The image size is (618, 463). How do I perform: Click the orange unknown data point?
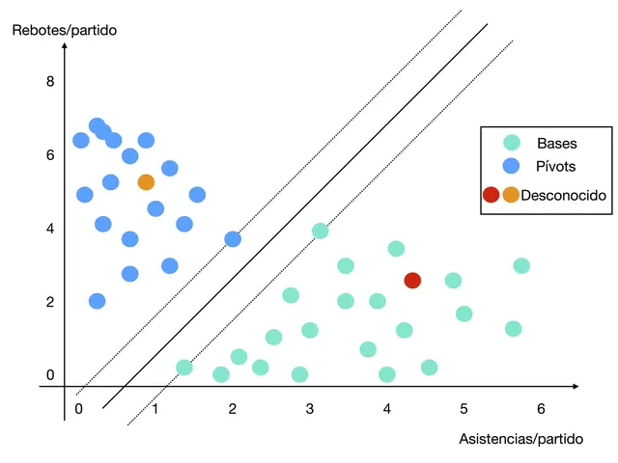(x=146, y=181)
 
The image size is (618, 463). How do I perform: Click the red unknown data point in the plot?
(x=412, y=280)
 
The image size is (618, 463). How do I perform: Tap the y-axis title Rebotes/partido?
(x=65, y=30)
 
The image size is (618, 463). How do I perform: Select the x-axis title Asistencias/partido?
(x=521, y=439)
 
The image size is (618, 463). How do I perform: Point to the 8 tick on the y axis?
(x=50, y=81)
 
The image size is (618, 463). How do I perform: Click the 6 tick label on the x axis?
(x=542, y=408)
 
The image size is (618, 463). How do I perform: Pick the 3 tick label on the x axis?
(x=309, y=408)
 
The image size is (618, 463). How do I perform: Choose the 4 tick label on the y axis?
(x=50, y=229)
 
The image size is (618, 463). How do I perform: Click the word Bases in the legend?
(x=557, y=144)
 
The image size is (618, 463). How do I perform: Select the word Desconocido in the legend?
(x=563, y=195)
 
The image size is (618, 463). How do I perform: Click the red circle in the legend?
(x=492, y=195)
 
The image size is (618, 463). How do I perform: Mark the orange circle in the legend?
(x=510, y=195)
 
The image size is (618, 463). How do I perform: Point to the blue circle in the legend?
(x=512, y=166)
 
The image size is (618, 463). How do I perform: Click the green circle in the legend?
(x=512, y=144)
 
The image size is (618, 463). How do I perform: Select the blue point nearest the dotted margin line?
(x=233, y=238)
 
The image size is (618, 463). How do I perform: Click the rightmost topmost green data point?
(x=521, y=265)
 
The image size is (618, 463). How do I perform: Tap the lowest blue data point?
(x=97, y=300)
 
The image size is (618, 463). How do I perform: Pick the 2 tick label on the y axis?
(x=50, y=302)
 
